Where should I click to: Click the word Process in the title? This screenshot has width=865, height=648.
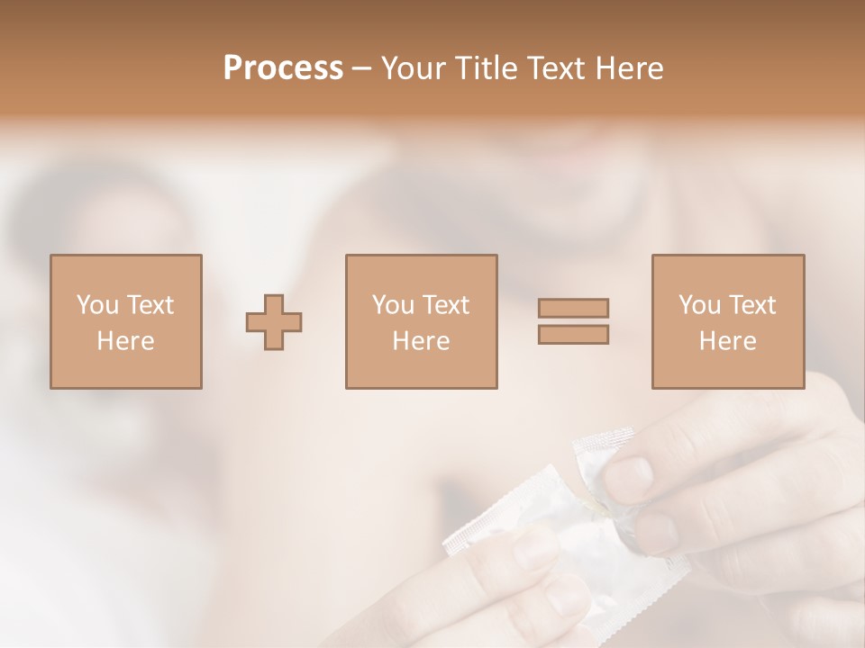click(283, 68)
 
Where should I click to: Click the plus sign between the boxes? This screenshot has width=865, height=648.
click(274, 321)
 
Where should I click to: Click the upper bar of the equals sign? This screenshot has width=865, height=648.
click(573, 308)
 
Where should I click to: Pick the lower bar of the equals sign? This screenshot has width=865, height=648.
click(573, 334)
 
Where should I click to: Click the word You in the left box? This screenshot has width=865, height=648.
click(97, 305)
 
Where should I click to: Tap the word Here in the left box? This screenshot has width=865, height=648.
click(125, 341)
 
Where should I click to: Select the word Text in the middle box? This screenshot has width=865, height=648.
click(446, 305)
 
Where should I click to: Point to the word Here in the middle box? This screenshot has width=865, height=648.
click(421, 341)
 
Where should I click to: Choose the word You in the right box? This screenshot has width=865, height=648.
click(699, 305)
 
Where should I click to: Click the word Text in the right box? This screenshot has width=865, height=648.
click(752, 305)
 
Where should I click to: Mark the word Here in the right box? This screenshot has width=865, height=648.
click(727, 341)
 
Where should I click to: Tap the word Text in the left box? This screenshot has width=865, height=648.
click(150, 305)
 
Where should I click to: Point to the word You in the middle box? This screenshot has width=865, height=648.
click(393, 305)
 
